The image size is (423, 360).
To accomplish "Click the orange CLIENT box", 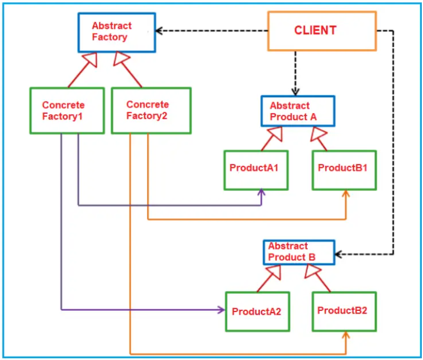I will [x=322, y=31].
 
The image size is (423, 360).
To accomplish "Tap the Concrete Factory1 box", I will [x=66, y=111].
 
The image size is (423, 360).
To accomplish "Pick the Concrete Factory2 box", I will [x=151, y=111].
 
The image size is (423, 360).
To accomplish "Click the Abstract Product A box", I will [x=297, y=111].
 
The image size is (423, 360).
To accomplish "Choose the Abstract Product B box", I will [x=298, y=252].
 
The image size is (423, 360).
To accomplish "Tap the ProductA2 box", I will [x=257, y=311].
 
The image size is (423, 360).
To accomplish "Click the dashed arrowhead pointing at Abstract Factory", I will [x=160, y=31].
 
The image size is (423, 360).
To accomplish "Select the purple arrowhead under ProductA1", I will [x=261, y=193].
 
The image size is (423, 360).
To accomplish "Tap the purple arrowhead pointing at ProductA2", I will [x=221, y=309].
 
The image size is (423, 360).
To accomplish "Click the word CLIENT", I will [x=315, y=30].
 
